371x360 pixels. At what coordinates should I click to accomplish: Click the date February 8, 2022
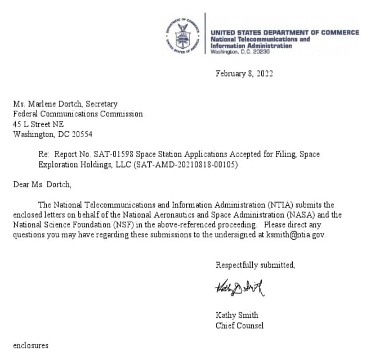point(244,74)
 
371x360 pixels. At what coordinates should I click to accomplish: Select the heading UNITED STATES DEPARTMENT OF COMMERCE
point(284,33)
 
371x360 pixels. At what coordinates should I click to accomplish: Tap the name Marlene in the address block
point(45,103)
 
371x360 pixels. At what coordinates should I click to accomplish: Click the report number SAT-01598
point(112,154)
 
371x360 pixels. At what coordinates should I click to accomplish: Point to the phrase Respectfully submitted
point(255,265)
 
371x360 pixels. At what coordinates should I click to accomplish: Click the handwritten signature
point(239,290)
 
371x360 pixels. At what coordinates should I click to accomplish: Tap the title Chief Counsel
point(239,325)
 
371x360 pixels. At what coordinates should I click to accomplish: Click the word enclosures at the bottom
point(31,345)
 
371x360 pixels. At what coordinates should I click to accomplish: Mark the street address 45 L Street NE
point(38,124)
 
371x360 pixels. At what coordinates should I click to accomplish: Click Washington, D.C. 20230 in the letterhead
point(240,52)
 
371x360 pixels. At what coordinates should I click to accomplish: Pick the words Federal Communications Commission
point(78,114)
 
